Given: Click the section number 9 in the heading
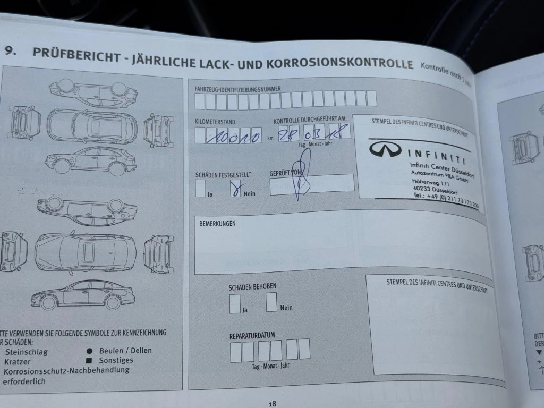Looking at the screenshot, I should click(x=9, y=51).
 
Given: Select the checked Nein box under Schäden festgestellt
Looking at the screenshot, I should click(x=236, y=188).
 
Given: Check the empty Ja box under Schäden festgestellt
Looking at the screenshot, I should click(x=201, y=188).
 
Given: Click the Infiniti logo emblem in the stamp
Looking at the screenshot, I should click(x=385, y=149).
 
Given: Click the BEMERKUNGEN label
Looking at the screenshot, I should click(x=217, y=224).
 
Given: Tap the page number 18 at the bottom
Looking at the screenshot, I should click(x=272, y=404).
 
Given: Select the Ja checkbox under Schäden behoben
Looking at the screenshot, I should click(x=235, y=303).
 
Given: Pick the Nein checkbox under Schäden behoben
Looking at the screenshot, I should click(x=271, y=302).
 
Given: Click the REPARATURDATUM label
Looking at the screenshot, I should click(x=252, y=336).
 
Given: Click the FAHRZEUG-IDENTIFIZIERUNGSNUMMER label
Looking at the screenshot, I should click(x=237, y=89).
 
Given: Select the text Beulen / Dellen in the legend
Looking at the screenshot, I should click(x=125, y=351).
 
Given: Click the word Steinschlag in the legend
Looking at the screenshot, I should click(x=26, y=352).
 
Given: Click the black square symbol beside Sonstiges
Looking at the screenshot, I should click(x=89, y=361).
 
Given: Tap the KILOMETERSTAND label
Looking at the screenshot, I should click(x=215, y=122).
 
